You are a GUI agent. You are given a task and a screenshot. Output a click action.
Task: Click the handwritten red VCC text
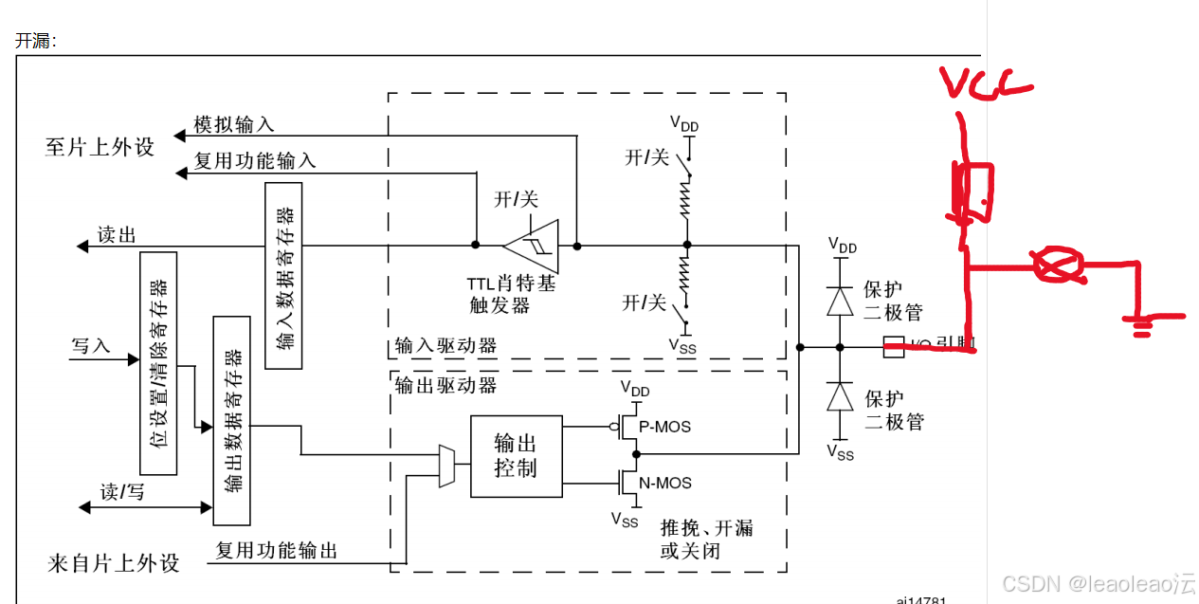click(x=986, y=83)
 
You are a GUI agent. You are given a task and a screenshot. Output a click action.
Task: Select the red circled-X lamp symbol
click(x=1057, y=265)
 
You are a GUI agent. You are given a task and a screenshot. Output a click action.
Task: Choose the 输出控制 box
click(x=516, y=456)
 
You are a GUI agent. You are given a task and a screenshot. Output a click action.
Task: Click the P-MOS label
click(x=664, y=427)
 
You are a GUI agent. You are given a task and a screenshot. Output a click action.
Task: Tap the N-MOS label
click(x=664, y=483)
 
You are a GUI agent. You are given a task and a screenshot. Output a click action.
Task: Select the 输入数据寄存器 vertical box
click(x=282, y=275)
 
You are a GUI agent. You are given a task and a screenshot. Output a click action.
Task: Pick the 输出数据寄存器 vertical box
click(x=232, y=420)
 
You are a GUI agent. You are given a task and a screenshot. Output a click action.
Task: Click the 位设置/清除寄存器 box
click(x=157, y=363)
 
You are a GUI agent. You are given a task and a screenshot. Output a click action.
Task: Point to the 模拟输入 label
click(x=233, y=124)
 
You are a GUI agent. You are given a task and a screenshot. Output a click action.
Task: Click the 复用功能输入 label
click(x=255, y=161)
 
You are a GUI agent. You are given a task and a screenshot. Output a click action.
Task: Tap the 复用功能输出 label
click(x=277, y=550)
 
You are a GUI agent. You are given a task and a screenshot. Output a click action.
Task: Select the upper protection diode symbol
click(x=839, y=301)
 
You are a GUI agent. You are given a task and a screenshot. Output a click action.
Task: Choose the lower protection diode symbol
click(x=839, y=396)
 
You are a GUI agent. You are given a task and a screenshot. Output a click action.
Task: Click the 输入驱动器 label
click(x=445, y=346)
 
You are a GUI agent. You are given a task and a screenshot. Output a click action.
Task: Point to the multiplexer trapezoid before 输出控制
click(x=446, y=466)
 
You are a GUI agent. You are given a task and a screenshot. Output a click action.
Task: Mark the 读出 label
click(x=118, y=235)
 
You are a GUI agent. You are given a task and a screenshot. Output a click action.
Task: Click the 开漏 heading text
click(x=36, y=41)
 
